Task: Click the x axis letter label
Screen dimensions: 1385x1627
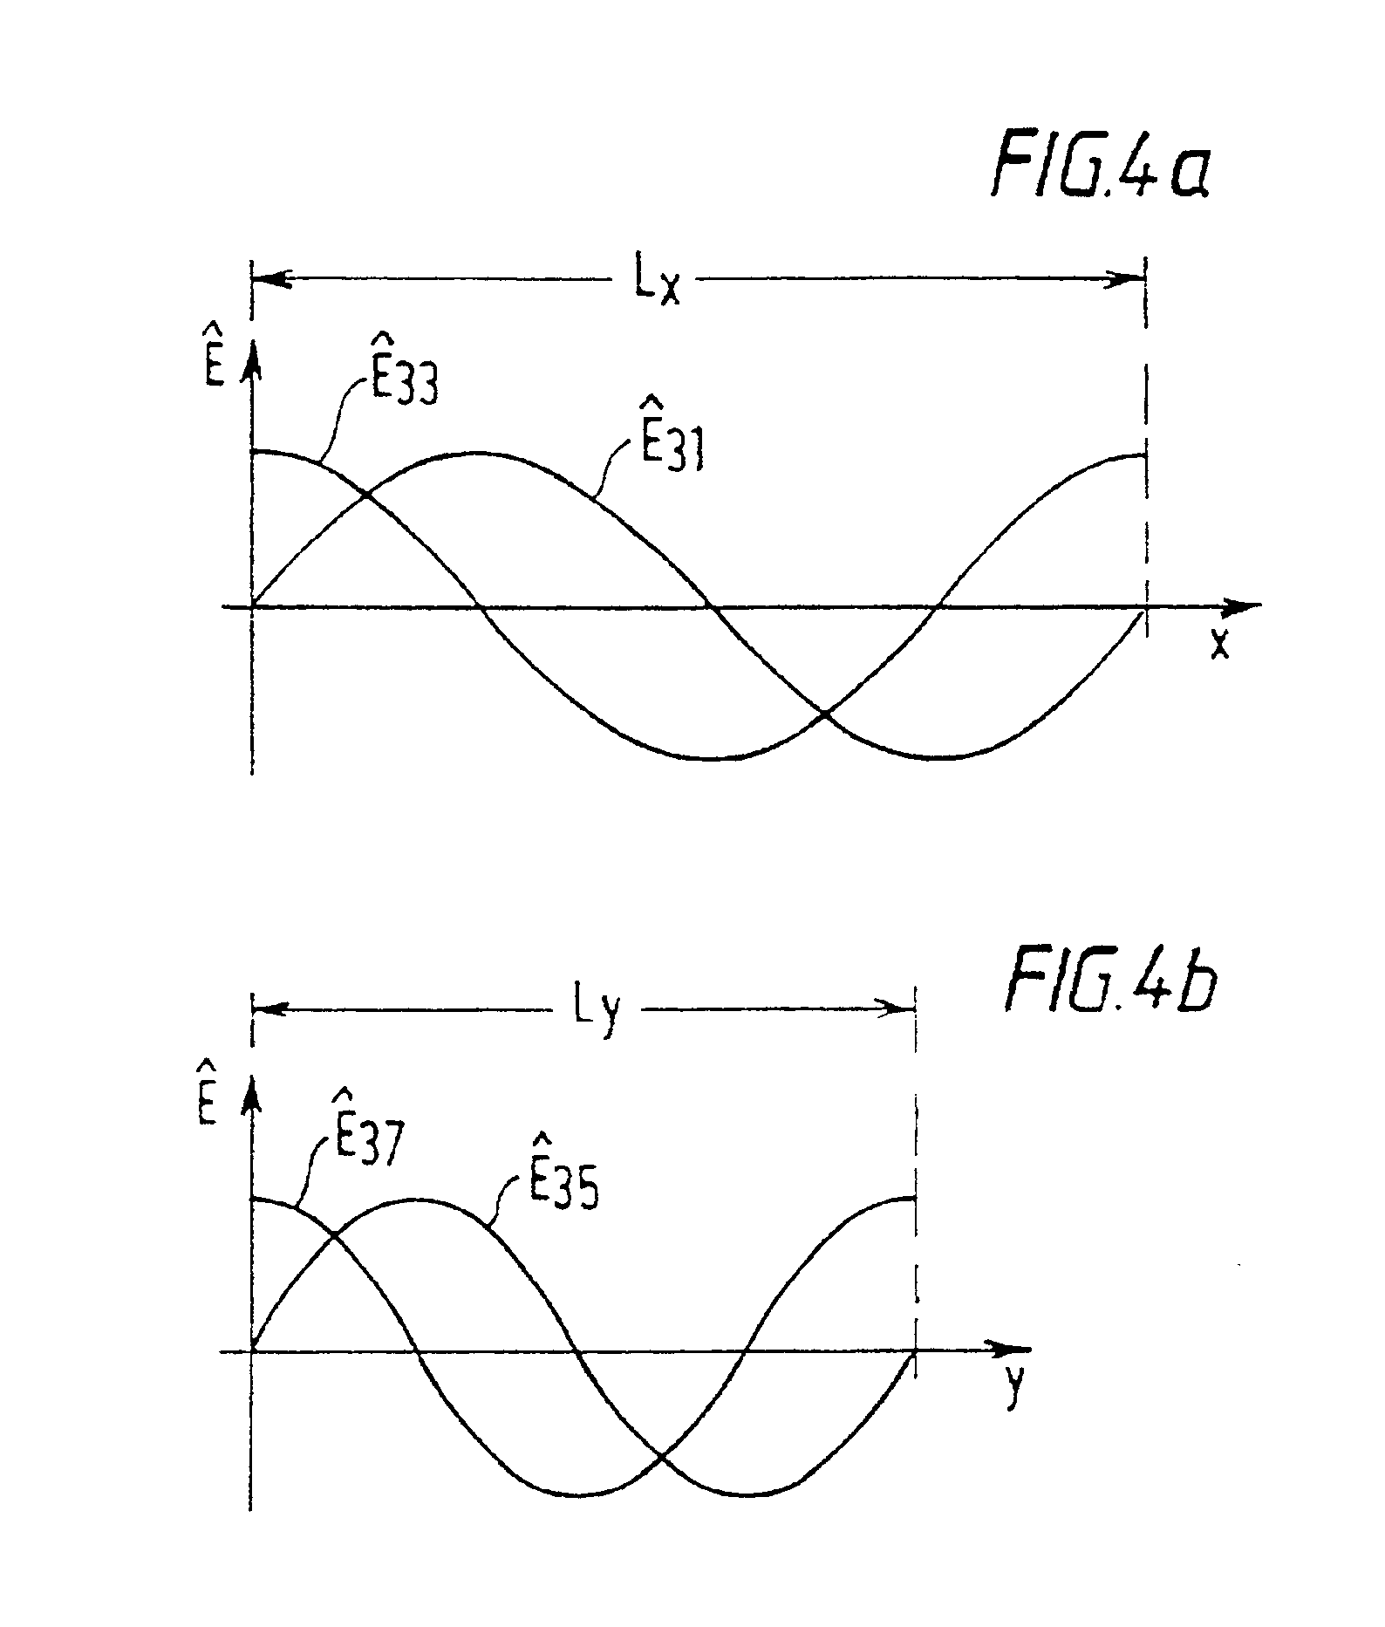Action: point(1219,644)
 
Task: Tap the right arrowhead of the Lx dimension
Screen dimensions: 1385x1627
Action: point(1130,279)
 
